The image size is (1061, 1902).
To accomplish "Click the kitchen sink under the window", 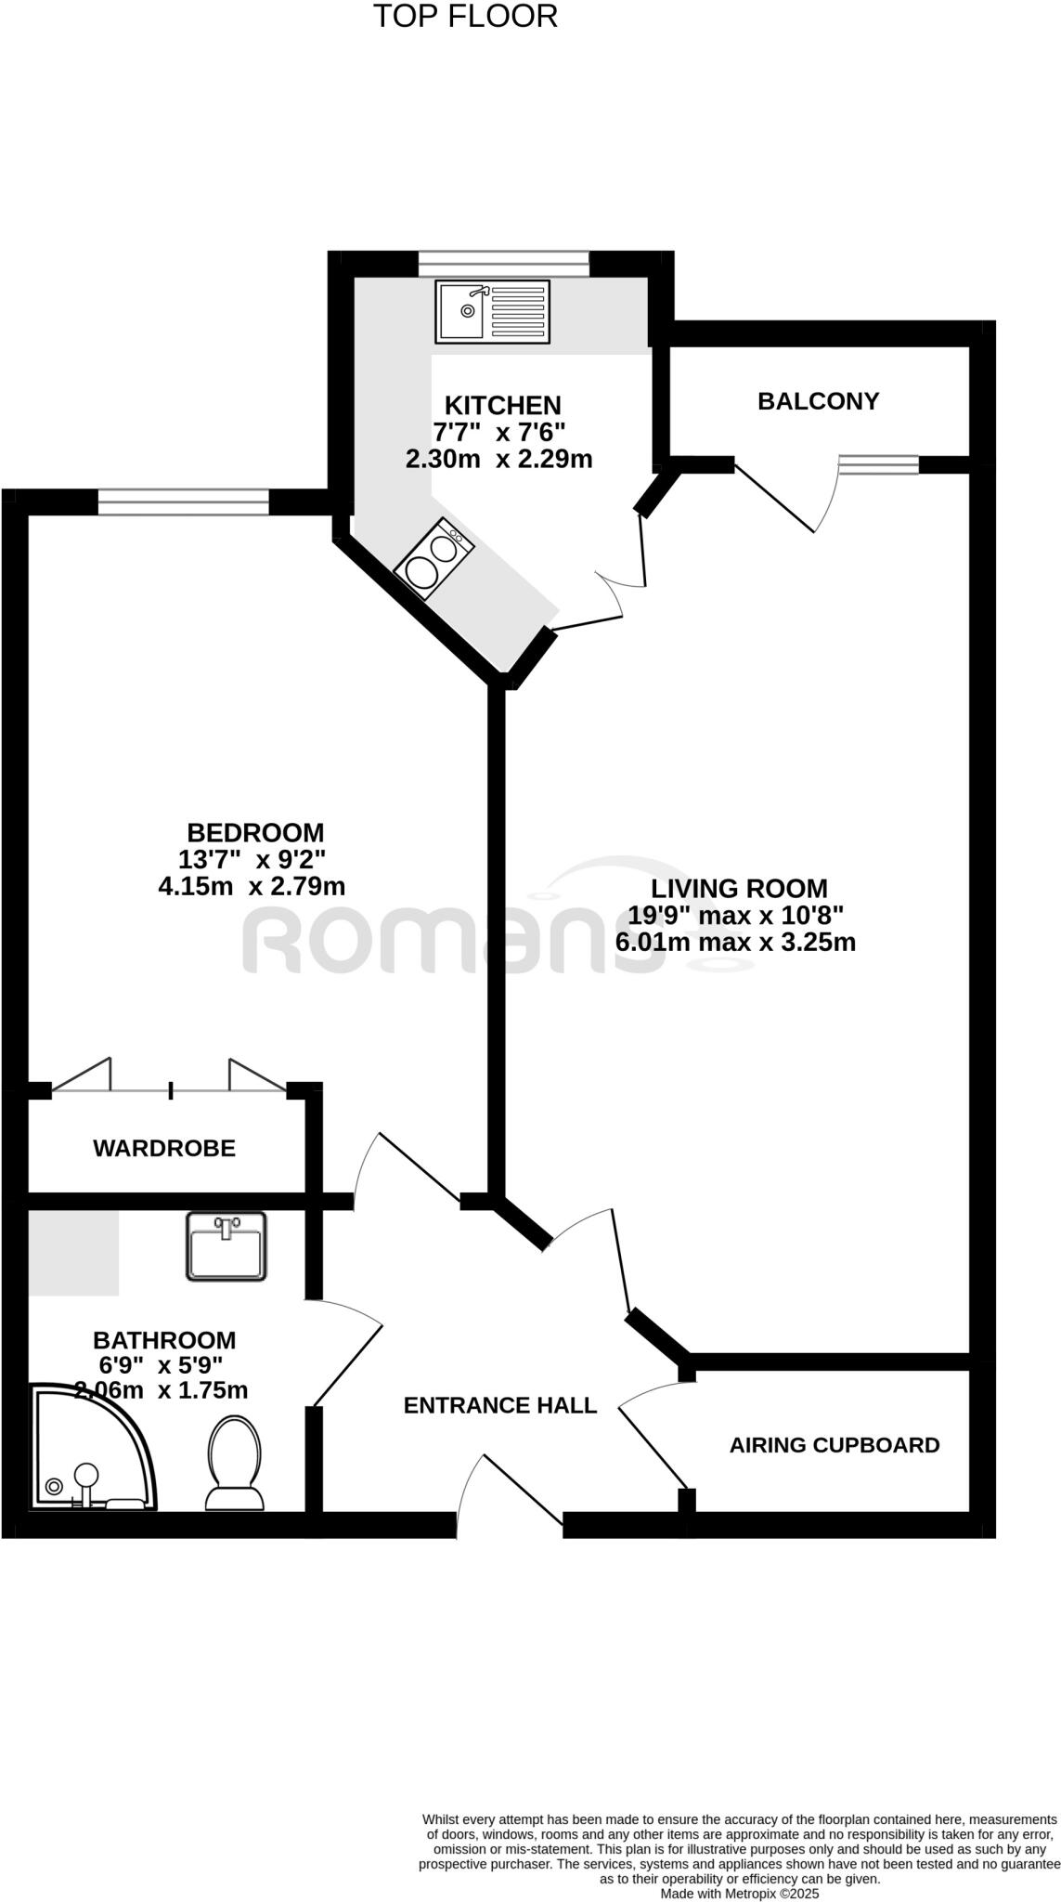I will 493,311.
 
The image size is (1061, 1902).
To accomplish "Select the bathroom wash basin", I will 226,1245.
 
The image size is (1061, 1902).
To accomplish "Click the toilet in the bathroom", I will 234,1463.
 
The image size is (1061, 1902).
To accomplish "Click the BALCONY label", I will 818,401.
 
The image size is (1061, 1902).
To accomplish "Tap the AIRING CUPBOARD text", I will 834,1445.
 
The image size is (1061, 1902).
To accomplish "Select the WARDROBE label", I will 164,1149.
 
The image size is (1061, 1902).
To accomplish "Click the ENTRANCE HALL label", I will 499,1406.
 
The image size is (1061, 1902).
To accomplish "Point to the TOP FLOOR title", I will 465,16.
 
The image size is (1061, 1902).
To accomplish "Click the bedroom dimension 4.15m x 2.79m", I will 252,886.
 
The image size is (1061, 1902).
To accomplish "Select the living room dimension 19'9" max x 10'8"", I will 735,916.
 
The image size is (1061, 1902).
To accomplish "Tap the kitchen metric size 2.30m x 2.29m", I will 498,459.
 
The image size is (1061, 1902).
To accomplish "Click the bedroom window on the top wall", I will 183,502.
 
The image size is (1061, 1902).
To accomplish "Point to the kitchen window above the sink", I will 503,264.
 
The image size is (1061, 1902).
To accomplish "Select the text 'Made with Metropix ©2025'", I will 739,1893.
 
